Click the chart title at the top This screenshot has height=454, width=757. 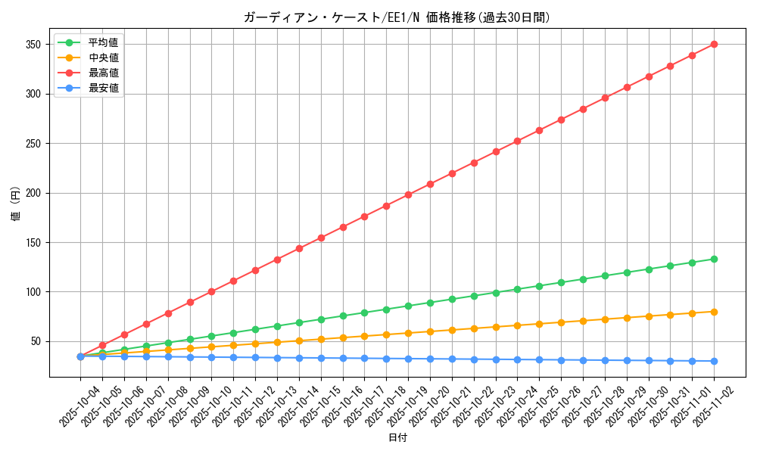tap(397, 17)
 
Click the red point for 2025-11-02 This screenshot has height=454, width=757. tap(714, 44)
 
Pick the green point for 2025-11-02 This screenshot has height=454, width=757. tap(714, 259)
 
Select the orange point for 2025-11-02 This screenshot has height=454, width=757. tap(714, 312)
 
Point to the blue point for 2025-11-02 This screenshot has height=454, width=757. tap(714, 361)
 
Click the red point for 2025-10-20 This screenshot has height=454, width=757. tap(430, 184)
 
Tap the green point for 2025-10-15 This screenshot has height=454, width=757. tap(321, 319)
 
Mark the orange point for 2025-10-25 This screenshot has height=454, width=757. tap(539, 324)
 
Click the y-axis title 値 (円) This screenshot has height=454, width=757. tap(16, 205)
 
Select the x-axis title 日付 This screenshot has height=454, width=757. tap(397, 438)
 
